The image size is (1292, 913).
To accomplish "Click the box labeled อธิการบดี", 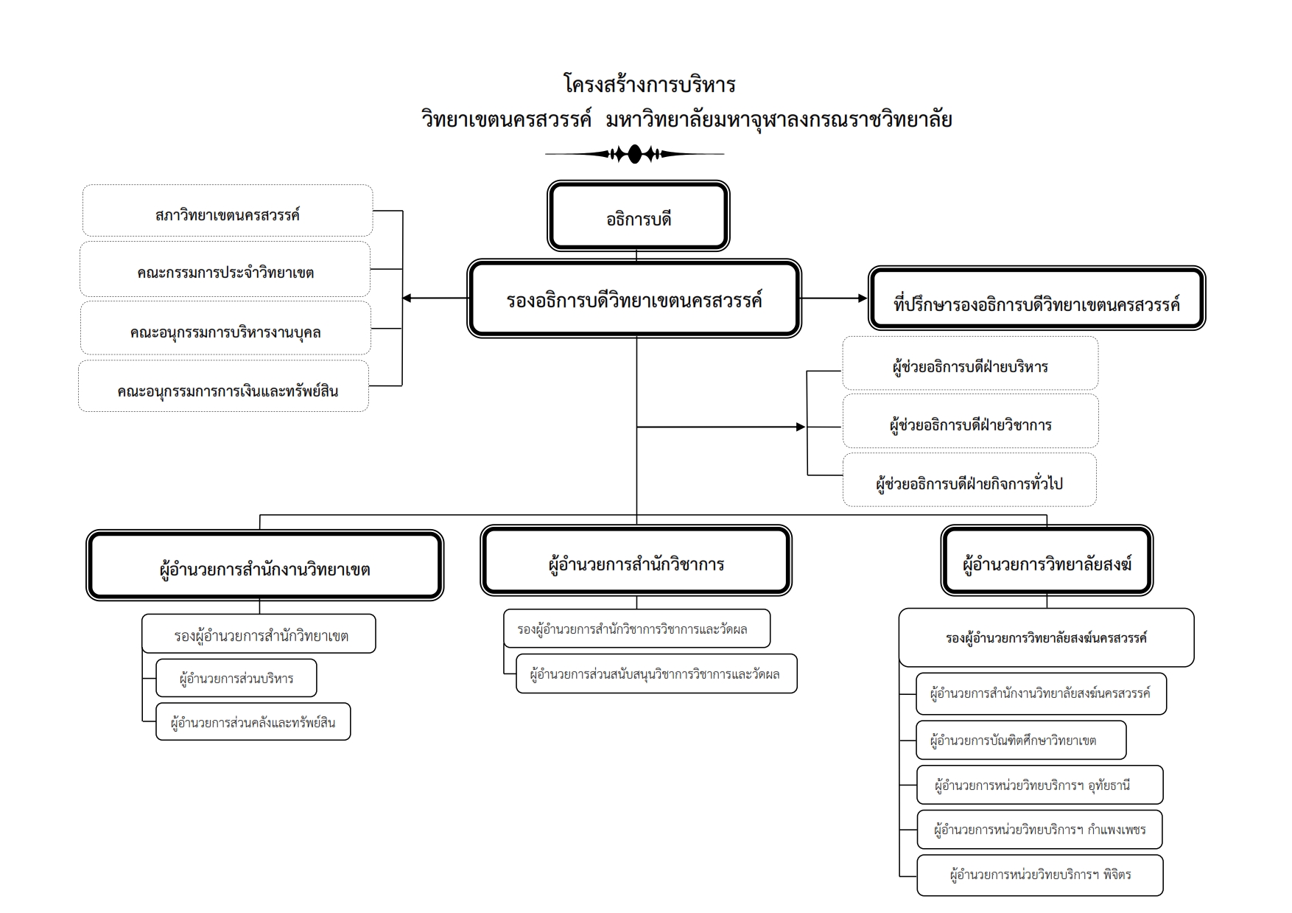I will point(638,217).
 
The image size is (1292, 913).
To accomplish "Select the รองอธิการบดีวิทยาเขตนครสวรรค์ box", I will point(634,299).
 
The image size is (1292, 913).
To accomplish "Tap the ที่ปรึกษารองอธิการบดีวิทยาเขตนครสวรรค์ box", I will point(1036,298).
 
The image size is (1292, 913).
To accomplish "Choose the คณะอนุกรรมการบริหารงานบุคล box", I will point(225,329).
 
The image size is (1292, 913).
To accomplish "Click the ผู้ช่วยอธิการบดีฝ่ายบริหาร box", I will point(970,363).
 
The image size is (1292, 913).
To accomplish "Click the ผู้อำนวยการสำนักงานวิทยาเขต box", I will point(264,566).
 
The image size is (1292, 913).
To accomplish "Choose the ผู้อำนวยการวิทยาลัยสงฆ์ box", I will point(1047,562).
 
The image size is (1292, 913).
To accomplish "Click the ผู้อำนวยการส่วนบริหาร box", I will point(236,678).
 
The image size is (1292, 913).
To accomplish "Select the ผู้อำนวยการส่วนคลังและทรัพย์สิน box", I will point(253,721).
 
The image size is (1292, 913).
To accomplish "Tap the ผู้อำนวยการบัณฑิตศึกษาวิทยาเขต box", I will point(1021,740).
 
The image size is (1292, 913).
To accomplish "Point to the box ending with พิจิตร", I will point(1039,875).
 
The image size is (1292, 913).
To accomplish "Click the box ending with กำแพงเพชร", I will point(1039,830).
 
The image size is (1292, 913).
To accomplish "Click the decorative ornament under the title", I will point(634,155).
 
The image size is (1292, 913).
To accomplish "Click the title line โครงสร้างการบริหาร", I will point(649,84).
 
